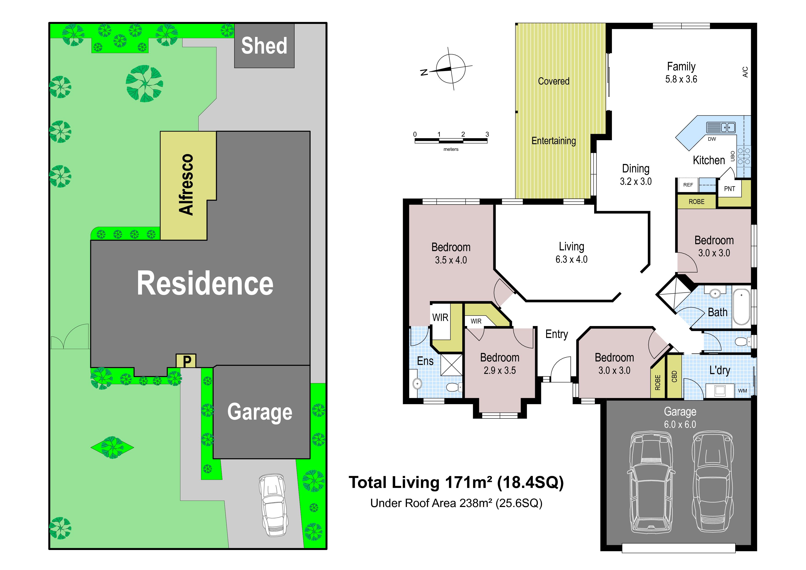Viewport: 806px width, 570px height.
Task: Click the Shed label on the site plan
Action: (264, 46)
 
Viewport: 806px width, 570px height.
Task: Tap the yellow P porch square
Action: (186, 361)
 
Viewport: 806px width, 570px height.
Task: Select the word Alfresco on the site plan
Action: (186, 184)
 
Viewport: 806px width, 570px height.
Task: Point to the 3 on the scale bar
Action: (487, 134)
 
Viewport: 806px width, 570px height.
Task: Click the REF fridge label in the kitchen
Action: (688, 185)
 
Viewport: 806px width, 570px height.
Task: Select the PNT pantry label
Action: (729, 189)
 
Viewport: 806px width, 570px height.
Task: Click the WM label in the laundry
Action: (742, 390)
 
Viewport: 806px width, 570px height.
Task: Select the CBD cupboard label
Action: (674, 376)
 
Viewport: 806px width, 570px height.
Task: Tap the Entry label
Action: (556, 334)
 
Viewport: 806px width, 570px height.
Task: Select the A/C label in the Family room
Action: (745, 72)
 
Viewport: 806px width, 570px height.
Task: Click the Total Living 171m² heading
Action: (456, 483)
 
